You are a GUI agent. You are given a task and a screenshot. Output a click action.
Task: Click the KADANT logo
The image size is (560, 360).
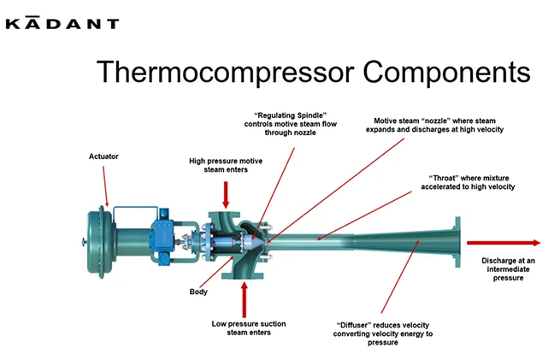(62, 23)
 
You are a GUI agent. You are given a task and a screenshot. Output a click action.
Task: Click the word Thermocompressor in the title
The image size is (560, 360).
(225, 73)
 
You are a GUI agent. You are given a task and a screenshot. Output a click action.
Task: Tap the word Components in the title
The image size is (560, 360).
(446, 73)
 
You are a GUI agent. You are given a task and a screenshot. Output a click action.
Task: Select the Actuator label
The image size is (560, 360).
(103, 156)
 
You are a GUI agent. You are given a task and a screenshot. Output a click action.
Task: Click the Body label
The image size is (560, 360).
(198, 292)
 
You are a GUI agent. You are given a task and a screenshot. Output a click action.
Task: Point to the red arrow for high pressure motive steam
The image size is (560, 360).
(226, 195)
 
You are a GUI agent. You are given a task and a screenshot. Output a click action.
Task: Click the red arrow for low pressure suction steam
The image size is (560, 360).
(245, 299)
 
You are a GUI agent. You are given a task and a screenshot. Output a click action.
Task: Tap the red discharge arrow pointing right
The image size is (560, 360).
(504, 243)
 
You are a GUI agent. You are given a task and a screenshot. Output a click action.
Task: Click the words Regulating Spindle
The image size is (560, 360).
(291, 115)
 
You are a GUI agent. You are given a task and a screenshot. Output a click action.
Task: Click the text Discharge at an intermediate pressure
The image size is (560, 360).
(508, 269)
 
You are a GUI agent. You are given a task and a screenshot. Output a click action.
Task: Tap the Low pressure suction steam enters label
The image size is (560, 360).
(249, 328)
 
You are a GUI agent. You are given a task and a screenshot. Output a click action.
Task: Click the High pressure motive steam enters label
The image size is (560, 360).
(226, 165)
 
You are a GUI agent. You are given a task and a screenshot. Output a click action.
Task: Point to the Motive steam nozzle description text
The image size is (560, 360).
(434, 125)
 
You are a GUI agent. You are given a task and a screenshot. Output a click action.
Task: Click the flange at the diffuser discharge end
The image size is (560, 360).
(457, 242)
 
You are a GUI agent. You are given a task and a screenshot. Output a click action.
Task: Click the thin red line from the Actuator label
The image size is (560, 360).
(105, 186)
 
